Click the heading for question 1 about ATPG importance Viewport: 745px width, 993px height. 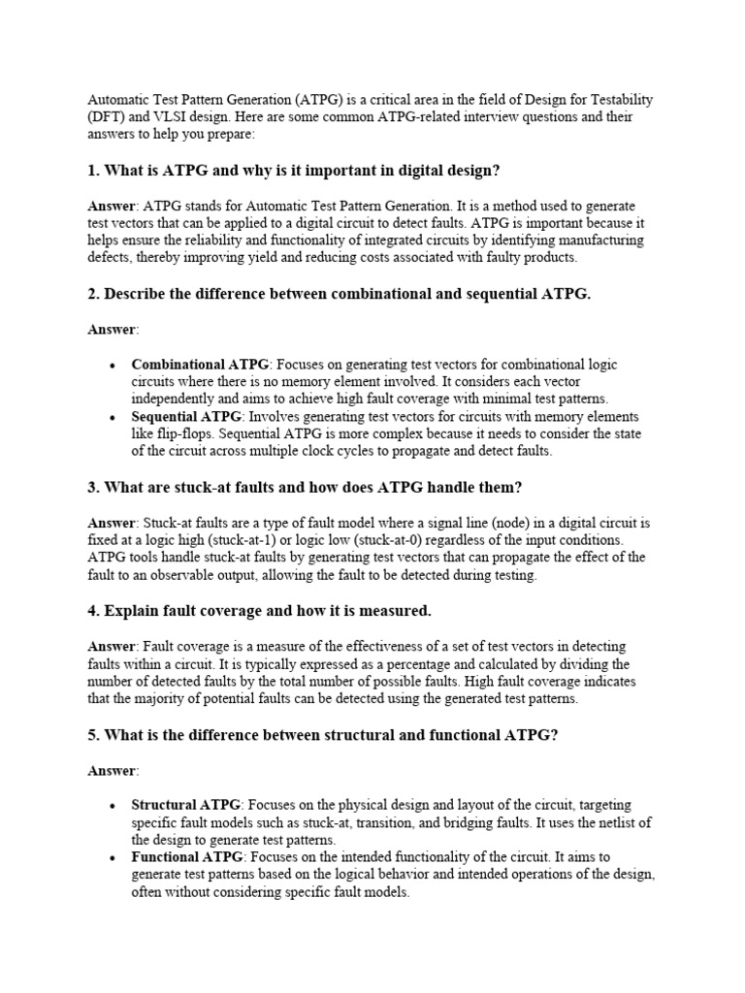tap(294, 171)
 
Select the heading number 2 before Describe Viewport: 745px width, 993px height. tap(93, 294)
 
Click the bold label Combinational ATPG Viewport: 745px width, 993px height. tap(201, 365)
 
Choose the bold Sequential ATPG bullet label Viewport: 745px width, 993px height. tap(186, 416)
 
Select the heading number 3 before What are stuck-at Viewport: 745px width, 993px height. tap(93, 486)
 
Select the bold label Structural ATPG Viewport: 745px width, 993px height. tap(186, 805)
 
